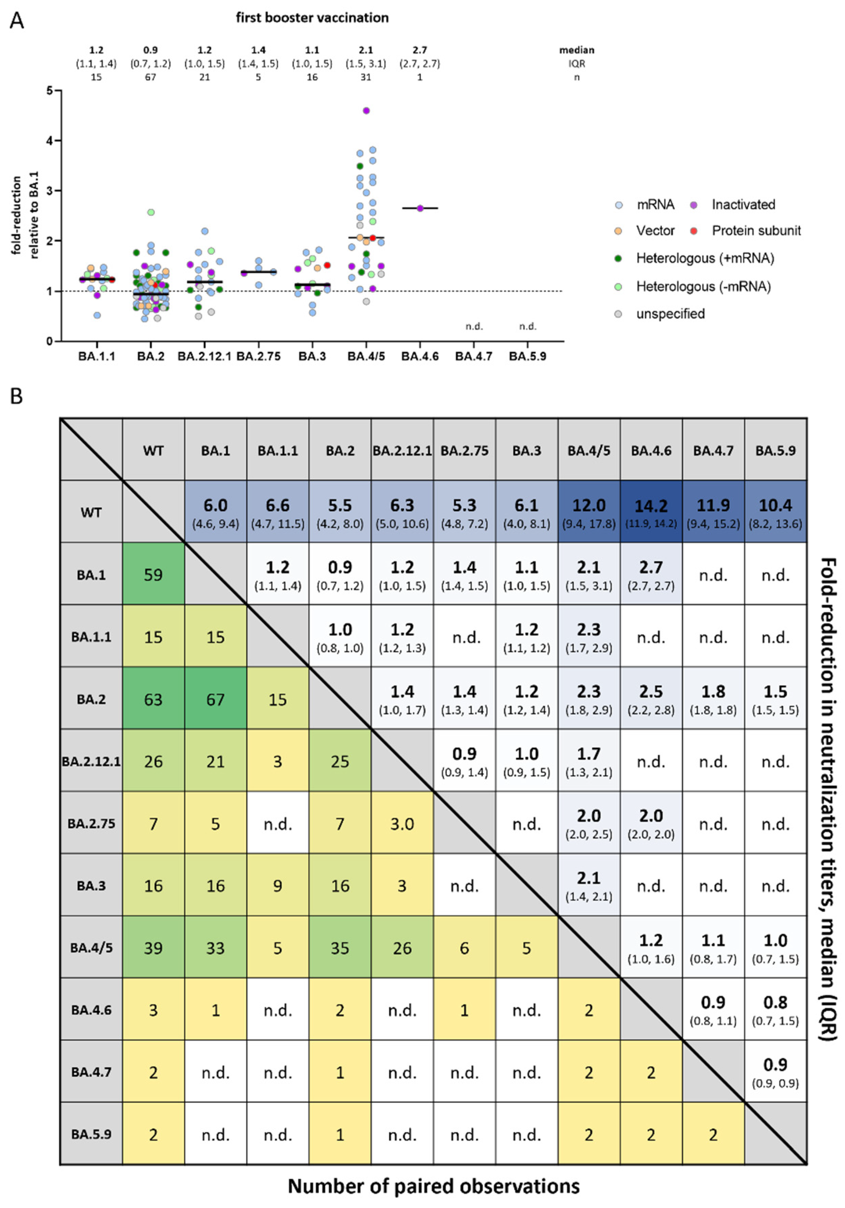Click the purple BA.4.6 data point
[x=420, y=208]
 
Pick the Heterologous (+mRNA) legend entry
[x=704, y=258]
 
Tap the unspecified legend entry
[x=670, y=314]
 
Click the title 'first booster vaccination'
[x=312, y=18]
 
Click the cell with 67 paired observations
[x=215, y=699]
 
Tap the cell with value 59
[x=153, y=574]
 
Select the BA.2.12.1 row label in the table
[x=91, y=761]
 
